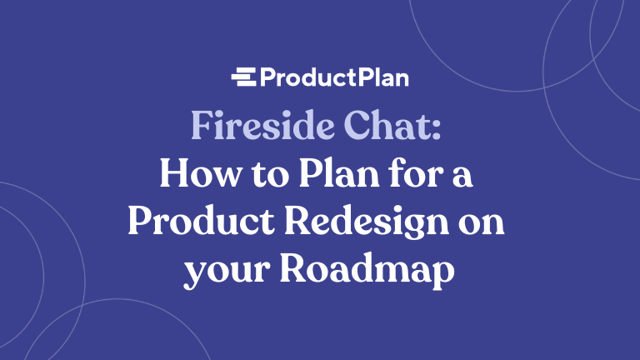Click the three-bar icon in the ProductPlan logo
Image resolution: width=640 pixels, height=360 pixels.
coord(244,78)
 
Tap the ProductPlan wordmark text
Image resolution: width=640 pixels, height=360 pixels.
coord(334,78)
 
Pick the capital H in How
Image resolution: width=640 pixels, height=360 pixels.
coord(172,176)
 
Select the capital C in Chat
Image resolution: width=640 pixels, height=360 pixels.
coord(362,126)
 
